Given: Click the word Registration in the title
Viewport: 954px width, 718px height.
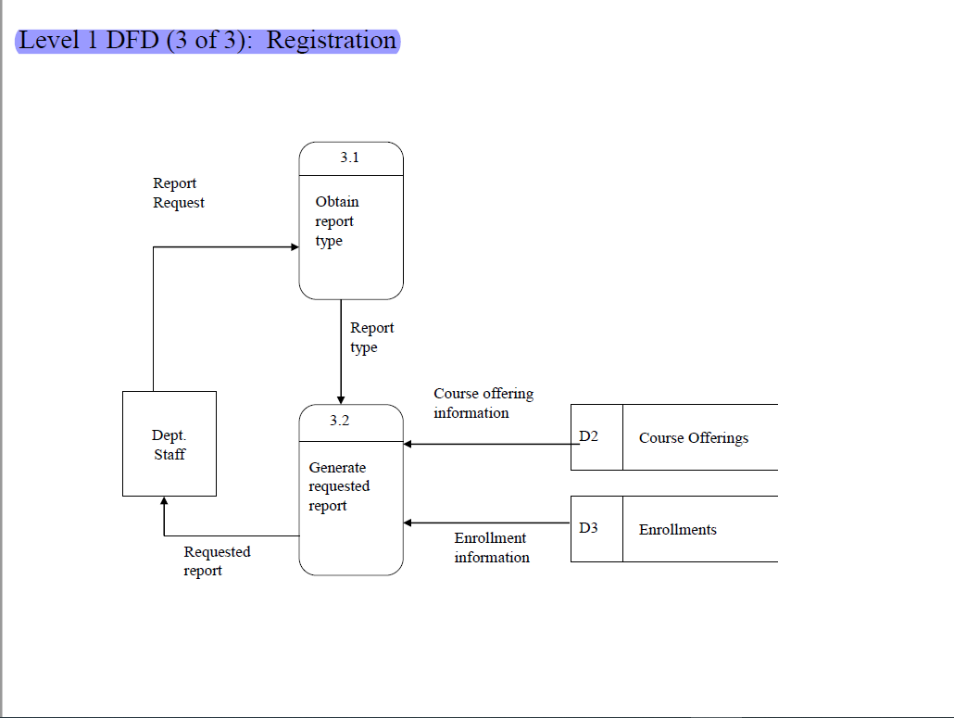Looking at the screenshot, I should [332, 41].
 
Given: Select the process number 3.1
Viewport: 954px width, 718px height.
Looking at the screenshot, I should [349, 158].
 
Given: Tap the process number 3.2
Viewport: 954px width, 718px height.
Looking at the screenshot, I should [340, 421].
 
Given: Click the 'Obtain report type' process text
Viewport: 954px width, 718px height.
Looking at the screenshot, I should [336, 221].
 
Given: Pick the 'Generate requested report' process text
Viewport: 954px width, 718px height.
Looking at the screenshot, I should [339, 486].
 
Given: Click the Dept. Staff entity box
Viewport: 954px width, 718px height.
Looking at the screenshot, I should [169, 444].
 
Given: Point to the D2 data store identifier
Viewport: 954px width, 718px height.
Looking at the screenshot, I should [589, 436].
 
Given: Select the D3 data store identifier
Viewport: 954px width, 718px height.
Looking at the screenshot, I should [589, 528].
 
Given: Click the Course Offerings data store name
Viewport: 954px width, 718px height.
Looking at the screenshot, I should [693, 438].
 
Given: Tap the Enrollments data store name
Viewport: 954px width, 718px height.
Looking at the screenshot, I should [677, 530].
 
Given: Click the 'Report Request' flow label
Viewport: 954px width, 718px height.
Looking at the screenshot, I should [179, 193].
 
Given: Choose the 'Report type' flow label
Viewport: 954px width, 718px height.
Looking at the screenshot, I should [371, 337].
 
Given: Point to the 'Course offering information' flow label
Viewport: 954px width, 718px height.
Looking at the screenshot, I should [483, 403].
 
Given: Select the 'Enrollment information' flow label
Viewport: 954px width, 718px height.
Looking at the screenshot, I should [491, 548].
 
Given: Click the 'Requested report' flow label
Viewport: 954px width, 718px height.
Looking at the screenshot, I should [217, 561].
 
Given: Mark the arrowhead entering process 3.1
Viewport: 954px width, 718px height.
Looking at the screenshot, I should [295, 247].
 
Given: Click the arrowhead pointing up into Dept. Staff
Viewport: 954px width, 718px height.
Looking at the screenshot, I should [164, 502].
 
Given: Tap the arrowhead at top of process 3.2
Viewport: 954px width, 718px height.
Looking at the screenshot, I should [341, 398].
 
